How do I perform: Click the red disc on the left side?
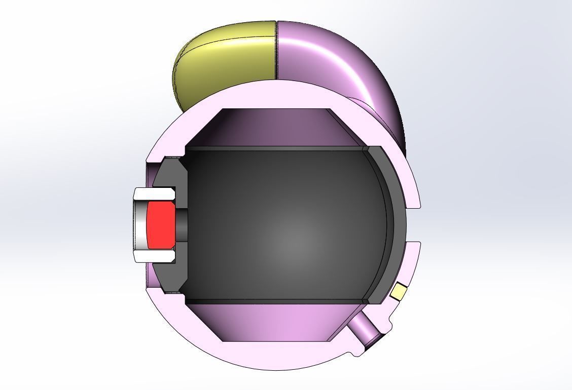pos(159,225)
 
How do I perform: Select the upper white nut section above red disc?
pos(155,193)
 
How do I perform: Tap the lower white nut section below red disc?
pos(155,256)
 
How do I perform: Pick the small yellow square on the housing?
pos(399,291)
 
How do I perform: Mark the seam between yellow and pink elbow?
pos(276,51)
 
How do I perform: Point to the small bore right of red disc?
pos(181,225)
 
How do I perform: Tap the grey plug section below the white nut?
pos(167,276)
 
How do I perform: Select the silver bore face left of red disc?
pos(140,225)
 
